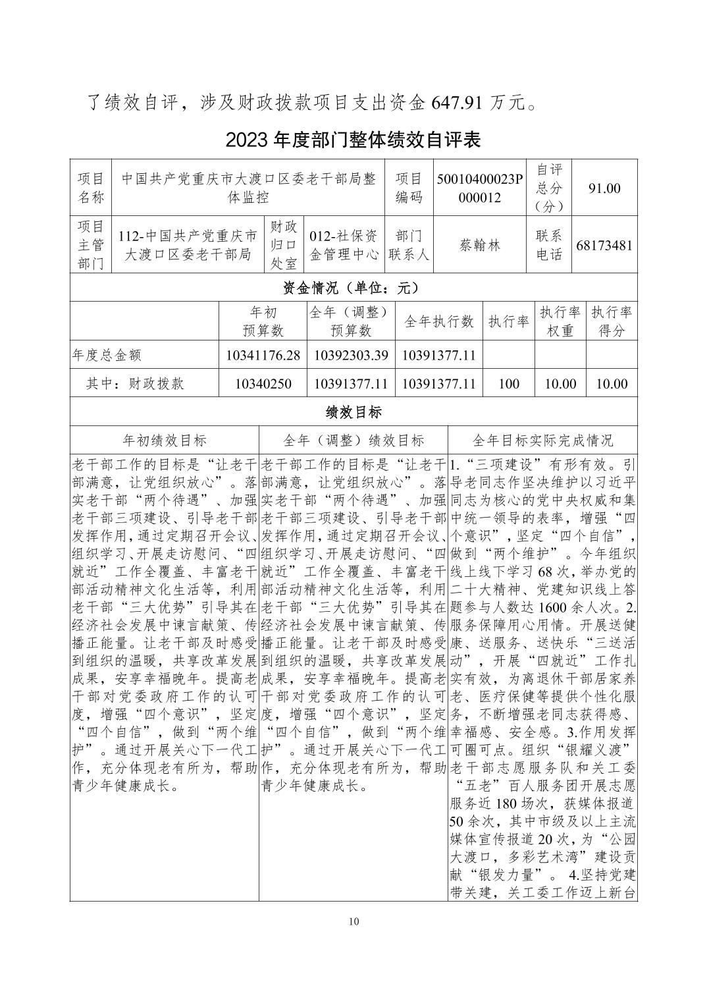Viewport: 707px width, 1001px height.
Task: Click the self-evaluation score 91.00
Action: pos(604,188)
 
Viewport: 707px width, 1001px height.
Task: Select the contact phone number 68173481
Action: pos(604,246)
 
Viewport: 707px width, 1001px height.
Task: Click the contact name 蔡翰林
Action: pos(480,246)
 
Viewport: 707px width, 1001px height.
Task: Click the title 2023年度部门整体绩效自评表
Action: pos(353,140)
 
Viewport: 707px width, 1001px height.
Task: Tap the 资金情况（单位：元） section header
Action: pos(353,288)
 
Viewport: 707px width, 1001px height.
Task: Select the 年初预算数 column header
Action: pos(263,321)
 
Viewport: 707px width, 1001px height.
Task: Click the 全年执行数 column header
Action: pos(438,321)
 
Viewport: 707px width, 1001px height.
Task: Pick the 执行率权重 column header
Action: pos(560,321)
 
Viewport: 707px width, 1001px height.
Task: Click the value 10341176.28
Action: pos(263,355)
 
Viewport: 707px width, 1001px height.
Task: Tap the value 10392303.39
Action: pos(350,355)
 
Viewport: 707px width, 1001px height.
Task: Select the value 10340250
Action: pos(263,384)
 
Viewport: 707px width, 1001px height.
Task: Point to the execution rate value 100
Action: pos(509,384)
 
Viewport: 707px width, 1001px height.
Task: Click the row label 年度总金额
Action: pos(107,355)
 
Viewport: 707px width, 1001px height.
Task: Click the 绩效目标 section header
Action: pos(353,412)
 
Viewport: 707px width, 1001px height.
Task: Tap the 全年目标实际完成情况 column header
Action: pos(542,441)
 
